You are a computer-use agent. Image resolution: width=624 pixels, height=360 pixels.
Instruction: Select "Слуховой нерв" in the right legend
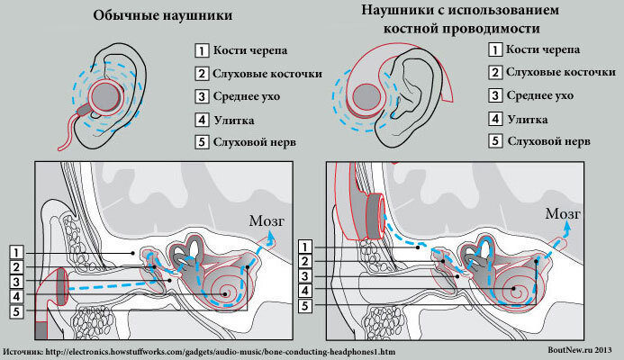(544, 141)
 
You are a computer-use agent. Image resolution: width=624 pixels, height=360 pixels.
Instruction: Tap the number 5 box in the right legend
(494, 141)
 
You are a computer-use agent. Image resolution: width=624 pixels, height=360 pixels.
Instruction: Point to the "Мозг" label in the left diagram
(269, 216)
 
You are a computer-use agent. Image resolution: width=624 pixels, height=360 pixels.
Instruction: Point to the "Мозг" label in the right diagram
(562, 213)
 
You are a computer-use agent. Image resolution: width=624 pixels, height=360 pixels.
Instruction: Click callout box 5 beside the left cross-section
(16, 312)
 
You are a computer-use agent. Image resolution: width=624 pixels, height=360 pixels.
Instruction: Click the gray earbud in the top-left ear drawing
(106, 94)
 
